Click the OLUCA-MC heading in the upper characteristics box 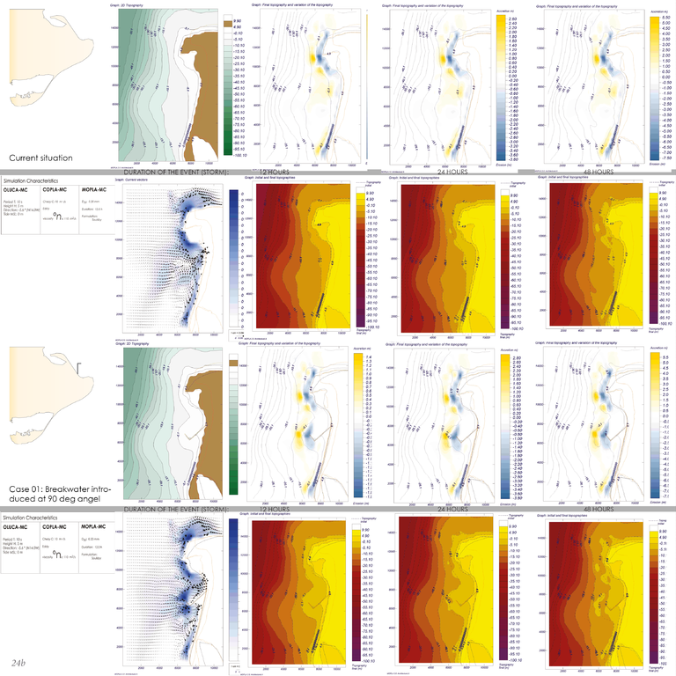tap(17, 188)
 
